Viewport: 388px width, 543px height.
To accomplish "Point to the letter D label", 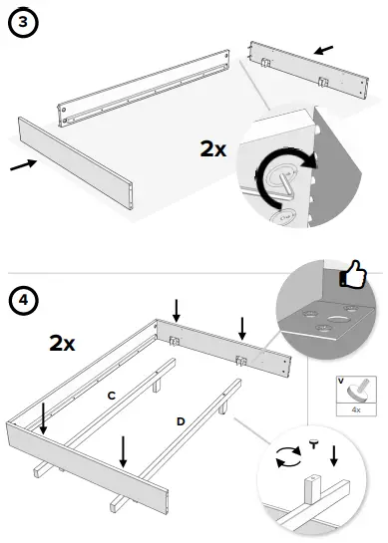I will click(181, 422).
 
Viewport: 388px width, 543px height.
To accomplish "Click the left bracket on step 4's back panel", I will click(176, 340).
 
